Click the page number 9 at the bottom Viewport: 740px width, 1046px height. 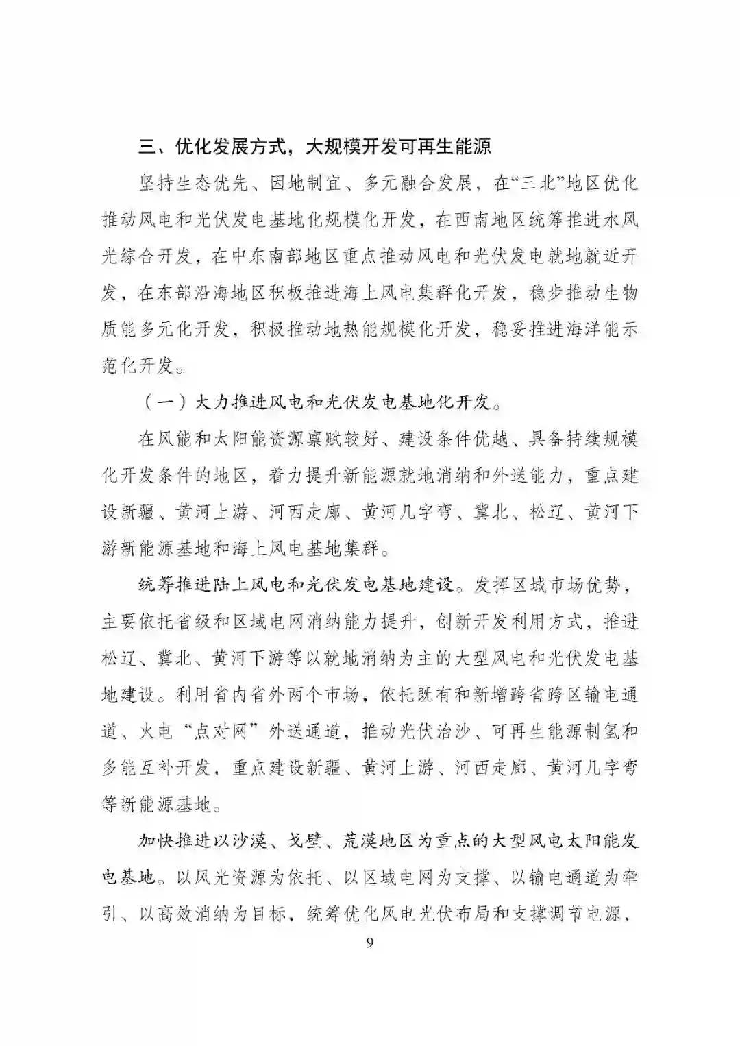pyautogui.click(x=370, y=942)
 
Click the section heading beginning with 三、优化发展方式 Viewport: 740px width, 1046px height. pyautogui.click(x=315, y=146)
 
